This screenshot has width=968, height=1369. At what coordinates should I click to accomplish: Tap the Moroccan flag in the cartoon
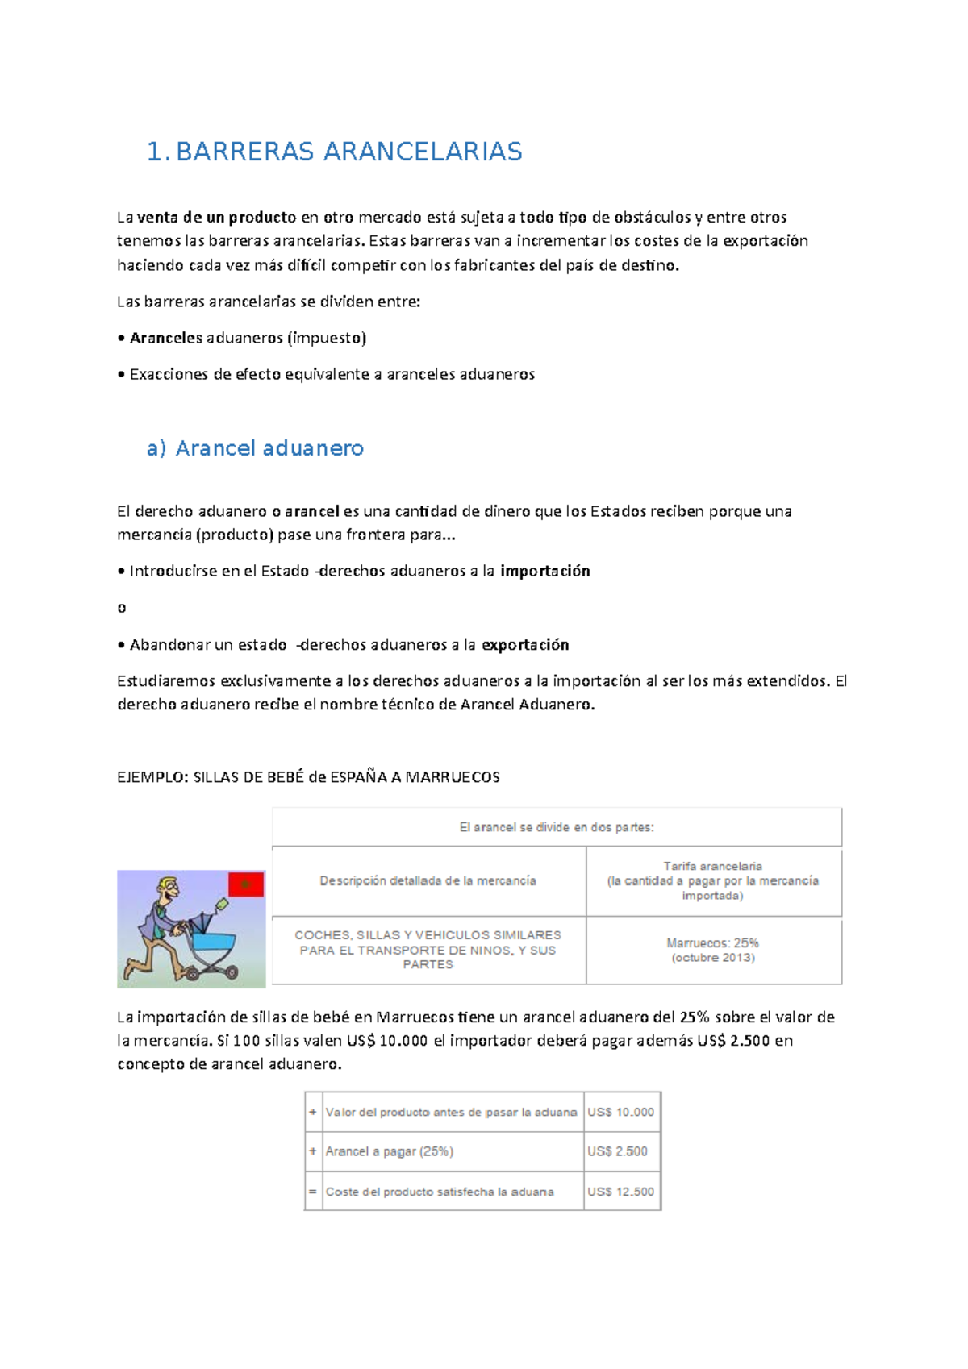pos(246,885)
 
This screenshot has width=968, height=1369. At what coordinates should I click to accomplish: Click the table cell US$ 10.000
pos(620,1112)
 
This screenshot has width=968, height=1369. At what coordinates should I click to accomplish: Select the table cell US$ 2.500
pos(617,1151)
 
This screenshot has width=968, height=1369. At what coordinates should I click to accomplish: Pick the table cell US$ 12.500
pos(620,1192)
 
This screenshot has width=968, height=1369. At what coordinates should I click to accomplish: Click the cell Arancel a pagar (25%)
pos(390,1151)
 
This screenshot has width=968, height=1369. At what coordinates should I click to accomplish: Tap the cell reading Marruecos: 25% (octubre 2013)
pos(713,950)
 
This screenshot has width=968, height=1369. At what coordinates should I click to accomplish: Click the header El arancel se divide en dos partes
pos(557,827)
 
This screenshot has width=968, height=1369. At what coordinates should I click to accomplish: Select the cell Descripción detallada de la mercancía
pos(428,881)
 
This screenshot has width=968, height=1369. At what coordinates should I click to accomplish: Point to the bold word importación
pos(545,571)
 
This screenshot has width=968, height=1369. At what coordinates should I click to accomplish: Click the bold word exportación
pos(525,644)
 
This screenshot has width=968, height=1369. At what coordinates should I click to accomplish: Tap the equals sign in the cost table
pos(313,1192)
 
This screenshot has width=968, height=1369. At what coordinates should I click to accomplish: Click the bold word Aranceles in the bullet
pos(166,338)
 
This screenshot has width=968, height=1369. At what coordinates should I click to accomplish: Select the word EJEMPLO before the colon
pos(151,777)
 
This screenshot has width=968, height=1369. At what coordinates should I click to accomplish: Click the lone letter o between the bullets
pos(122,608)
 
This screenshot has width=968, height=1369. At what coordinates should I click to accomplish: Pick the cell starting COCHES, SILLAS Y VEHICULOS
pos(428,950)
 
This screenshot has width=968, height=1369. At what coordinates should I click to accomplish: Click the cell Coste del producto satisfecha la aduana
pos(440,1192)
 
